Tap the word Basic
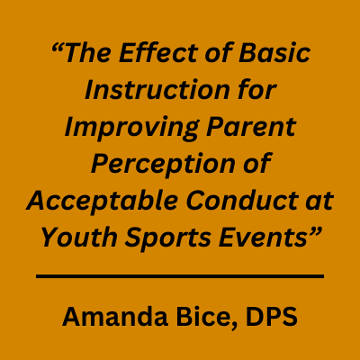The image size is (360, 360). [274, 53]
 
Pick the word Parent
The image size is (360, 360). [251, 127]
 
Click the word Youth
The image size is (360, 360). [79, 237]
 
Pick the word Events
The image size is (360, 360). [261, 237]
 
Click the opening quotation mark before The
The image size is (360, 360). [58, 47]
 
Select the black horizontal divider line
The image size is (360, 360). [180, 276]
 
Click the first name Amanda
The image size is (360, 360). [115, 317]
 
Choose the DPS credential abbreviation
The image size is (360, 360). [272, 317]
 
